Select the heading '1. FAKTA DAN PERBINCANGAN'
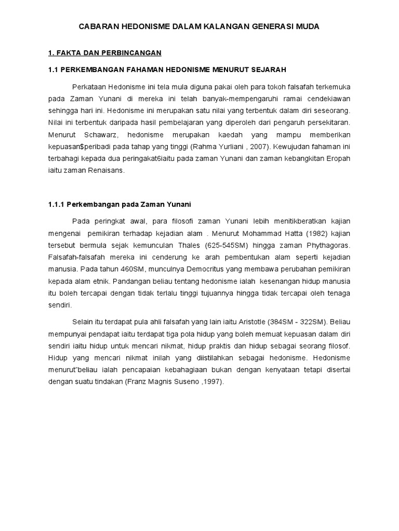105,53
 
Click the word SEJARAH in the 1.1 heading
267,69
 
